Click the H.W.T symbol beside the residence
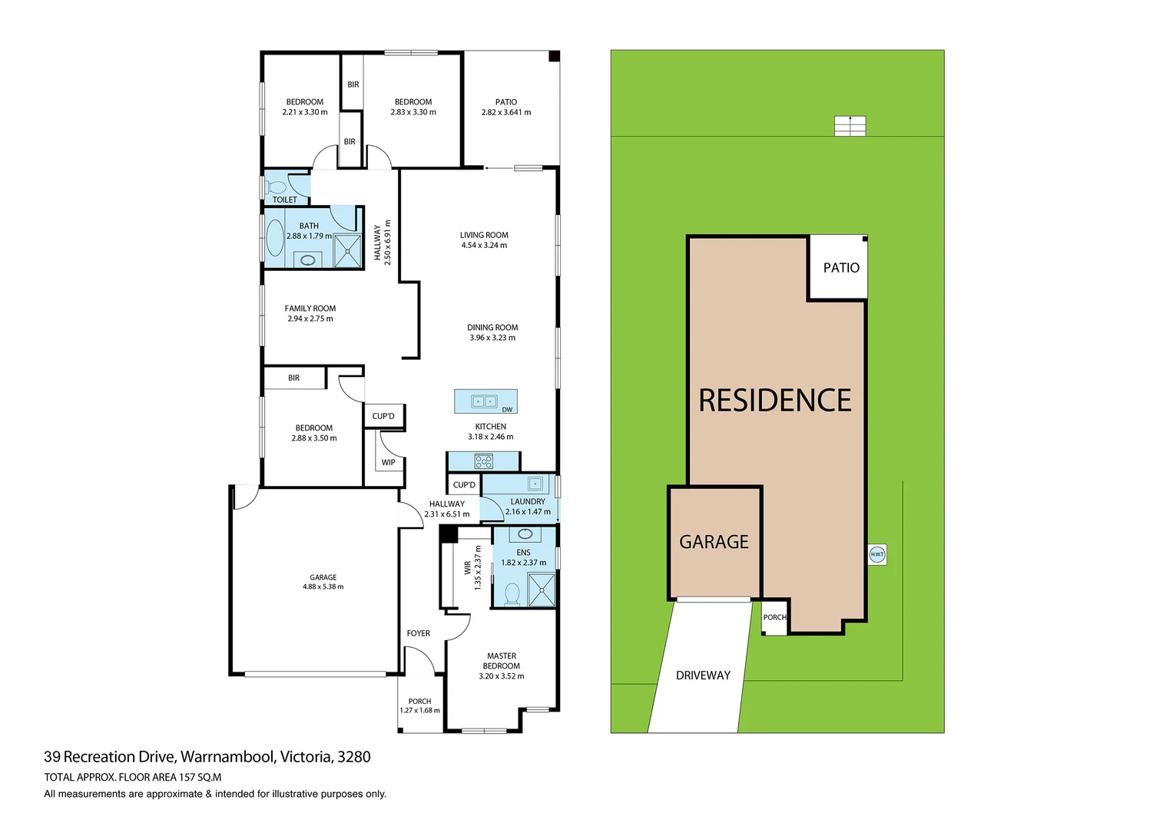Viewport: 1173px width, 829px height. coord(876,554)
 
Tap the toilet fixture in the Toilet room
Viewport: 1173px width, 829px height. coord(277,187)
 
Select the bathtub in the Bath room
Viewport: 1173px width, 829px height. coord(274,237)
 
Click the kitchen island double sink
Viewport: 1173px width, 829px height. coord(484,401)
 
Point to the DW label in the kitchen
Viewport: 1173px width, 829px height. coord(507,410)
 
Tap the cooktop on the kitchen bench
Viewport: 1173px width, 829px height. coord(483,461)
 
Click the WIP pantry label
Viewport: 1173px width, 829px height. coord(389,462)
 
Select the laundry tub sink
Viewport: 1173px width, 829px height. coord(535,484)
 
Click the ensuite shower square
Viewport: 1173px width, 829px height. coord(542,590)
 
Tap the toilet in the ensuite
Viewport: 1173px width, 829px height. coord(512,594)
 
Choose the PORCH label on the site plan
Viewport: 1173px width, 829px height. coord(774,617)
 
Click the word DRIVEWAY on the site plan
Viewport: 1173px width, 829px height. coord(703,675)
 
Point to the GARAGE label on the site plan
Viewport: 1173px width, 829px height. coord(714,542)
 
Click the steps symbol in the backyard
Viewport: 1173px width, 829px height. coord(850,126)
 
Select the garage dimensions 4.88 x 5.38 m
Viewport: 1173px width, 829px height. coord(323,587)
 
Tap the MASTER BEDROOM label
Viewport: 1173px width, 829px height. coord(501,661)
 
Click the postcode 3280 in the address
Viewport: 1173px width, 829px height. coord(354,757)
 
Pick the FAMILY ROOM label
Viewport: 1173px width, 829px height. coord(310,309)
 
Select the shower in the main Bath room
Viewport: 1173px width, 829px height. coord(347,251)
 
